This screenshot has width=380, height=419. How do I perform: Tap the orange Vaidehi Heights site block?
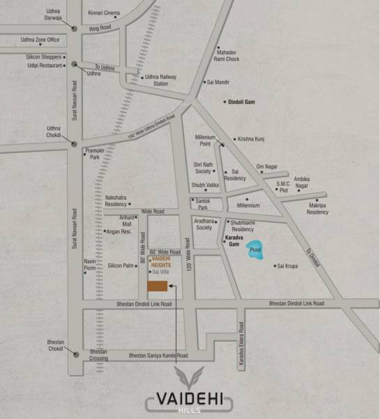pos(157,286)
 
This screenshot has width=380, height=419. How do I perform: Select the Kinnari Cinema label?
pos(104,13)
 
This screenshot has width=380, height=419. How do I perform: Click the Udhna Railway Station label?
pos(156,80)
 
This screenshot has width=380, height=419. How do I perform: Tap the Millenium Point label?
pos(206,140)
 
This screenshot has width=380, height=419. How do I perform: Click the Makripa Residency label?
pos(317,209)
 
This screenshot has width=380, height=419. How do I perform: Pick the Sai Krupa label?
pos(289,266)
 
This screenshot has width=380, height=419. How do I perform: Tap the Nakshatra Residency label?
pos(116,201)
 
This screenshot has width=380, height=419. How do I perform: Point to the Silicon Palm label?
pos(121,265)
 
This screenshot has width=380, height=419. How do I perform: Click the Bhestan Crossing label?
pos(94,355)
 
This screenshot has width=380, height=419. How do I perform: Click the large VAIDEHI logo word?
pos(190,400)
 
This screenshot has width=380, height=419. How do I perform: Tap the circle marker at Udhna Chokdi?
pos(73,144)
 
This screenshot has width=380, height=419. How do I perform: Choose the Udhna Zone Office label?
pos(40,41)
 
